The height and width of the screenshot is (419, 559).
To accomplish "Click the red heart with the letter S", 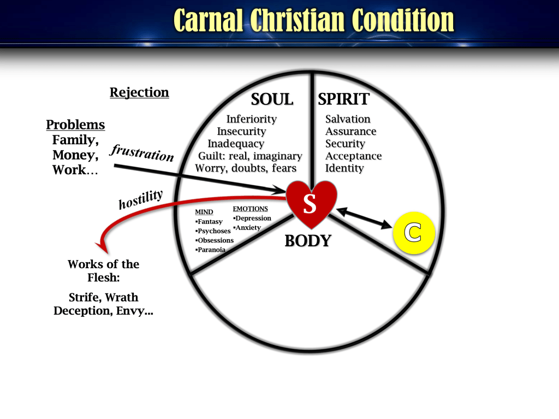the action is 312,203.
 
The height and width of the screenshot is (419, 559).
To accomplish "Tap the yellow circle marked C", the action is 414,233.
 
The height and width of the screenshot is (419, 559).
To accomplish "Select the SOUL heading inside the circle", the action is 272,99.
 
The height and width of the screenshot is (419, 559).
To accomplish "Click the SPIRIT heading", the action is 343,99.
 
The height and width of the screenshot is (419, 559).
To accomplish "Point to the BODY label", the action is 308,241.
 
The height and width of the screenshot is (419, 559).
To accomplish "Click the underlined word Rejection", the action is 139,92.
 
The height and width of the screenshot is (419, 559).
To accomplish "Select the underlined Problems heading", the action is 75,125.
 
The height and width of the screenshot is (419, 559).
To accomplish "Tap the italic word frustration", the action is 142,152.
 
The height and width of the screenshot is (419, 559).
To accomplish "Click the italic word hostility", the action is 141,199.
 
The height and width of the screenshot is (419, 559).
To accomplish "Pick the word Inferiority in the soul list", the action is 251,119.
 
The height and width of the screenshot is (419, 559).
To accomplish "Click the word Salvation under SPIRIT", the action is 348,119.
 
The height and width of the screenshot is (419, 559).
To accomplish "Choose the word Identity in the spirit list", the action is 344,168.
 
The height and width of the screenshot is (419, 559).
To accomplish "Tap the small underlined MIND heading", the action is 204,212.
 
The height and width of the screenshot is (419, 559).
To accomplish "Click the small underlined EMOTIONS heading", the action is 250,209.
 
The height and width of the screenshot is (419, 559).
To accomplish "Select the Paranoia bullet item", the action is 210,250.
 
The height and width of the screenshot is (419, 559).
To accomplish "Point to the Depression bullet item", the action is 252,218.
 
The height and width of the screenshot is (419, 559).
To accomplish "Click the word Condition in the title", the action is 403,20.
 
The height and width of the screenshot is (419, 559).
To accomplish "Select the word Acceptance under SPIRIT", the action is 353,156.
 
